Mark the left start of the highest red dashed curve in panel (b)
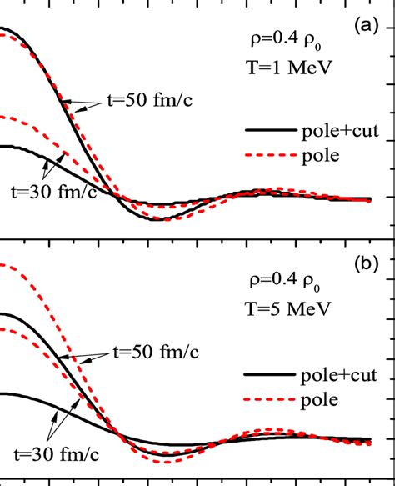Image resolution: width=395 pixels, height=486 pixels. pos(2,265)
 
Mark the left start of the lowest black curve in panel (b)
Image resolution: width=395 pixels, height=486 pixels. pos(2,393)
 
